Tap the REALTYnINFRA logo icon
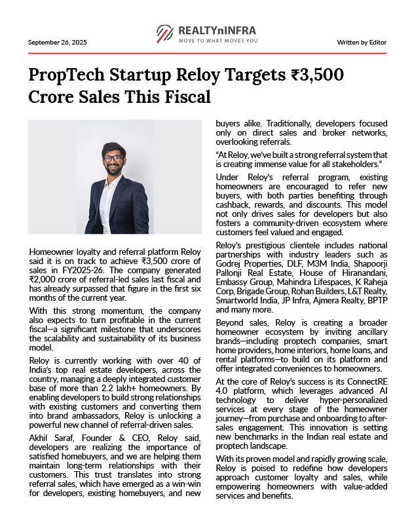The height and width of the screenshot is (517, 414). tap(165, 33)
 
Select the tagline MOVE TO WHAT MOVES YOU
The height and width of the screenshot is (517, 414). tap(218, 41)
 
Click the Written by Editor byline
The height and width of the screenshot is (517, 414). tap(362, 42)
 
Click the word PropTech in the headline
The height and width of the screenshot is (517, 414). tap(69, 74)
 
